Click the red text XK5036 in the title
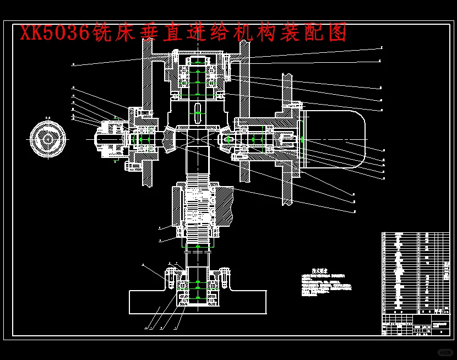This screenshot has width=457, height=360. pyautogui.click(x=55, y=33)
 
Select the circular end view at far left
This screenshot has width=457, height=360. pyautogui.click(x=48, y=139)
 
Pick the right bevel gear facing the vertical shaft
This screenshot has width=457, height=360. pyautogui.click(x=226, y=141)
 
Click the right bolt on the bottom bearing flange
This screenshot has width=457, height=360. pyautogui.click(x=224, y=278)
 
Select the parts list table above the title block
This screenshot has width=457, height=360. pyautogui.click(x=415, y=272)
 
